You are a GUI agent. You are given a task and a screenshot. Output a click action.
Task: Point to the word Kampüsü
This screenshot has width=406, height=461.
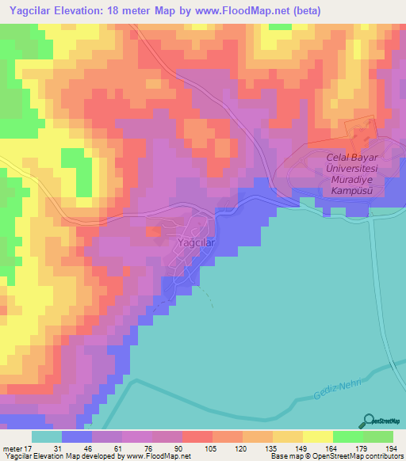click(x=354, y=192)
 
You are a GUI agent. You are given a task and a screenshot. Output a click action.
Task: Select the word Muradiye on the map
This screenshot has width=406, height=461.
click(x=354, y=180)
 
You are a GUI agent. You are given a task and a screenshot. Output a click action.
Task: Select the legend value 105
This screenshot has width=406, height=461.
click(x=212, y=449)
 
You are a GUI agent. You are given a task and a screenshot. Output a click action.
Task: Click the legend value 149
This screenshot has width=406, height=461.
click(x=301, y=449)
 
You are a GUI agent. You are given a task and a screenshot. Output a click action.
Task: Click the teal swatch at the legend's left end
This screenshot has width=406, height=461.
click(x=47, y=436)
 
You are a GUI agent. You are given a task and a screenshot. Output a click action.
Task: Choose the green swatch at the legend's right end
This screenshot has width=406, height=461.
click(x=377, y=436)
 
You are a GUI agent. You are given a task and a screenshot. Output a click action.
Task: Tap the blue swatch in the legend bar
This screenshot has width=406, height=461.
click(x=77, y=436)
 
